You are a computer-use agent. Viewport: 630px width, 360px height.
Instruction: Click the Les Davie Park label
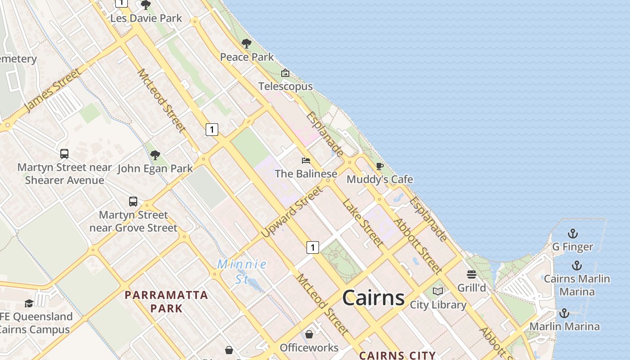pos(146,18)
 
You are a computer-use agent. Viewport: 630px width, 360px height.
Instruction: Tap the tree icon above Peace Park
pos(246,44)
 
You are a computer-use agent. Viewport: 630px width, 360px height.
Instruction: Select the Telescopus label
pos(285,86)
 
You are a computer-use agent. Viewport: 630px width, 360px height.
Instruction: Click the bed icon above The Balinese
pos(306,161)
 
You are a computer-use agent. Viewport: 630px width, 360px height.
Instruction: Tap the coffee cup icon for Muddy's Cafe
pos(380,166)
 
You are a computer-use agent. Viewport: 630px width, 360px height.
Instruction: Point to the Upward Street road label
pos(292,212)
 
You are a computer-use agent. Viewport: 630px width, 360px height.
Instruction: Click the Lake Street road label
pos(363,223)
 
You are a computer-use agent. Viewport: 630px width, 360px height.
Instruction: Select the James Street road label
pos(53,90)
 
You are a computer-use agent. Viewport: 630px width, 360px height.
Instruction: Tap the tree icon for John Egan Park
pos(155,155)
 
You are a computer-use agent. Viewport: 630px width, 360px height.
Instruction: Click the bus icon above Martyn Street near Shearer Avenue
pos(64,154)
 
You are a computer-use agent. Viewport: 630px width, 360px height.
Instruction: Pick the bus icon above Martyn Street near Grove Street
pos(133,201)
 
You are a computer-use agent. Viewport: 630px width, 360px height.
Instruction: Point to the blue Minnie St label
pos(242,271)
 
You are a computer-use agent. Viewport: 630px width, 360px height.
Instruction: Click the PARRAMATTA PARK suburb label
pos(166,301)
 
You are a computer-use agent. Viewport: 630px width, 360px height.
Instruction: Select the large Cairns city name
pos(373,298)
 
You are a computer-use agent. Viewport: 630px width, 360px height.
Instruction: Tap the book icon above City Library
pos(437,291)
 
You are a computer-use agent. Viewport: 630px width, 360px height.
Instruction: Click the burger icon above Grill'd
pos(472,274)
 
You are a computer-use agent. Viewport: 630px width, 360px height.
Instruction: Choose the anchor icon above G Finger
pos(572,234)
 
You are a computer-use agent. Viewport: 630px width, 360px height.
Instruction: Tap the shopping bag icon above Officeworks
pos(309,334)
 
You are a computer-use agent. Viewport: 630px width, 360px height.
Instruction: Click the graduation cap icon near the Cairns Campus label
pos(29,303)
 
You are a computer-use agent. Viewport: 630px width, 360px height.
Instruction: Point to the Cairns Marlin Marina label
pos(577,285)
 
